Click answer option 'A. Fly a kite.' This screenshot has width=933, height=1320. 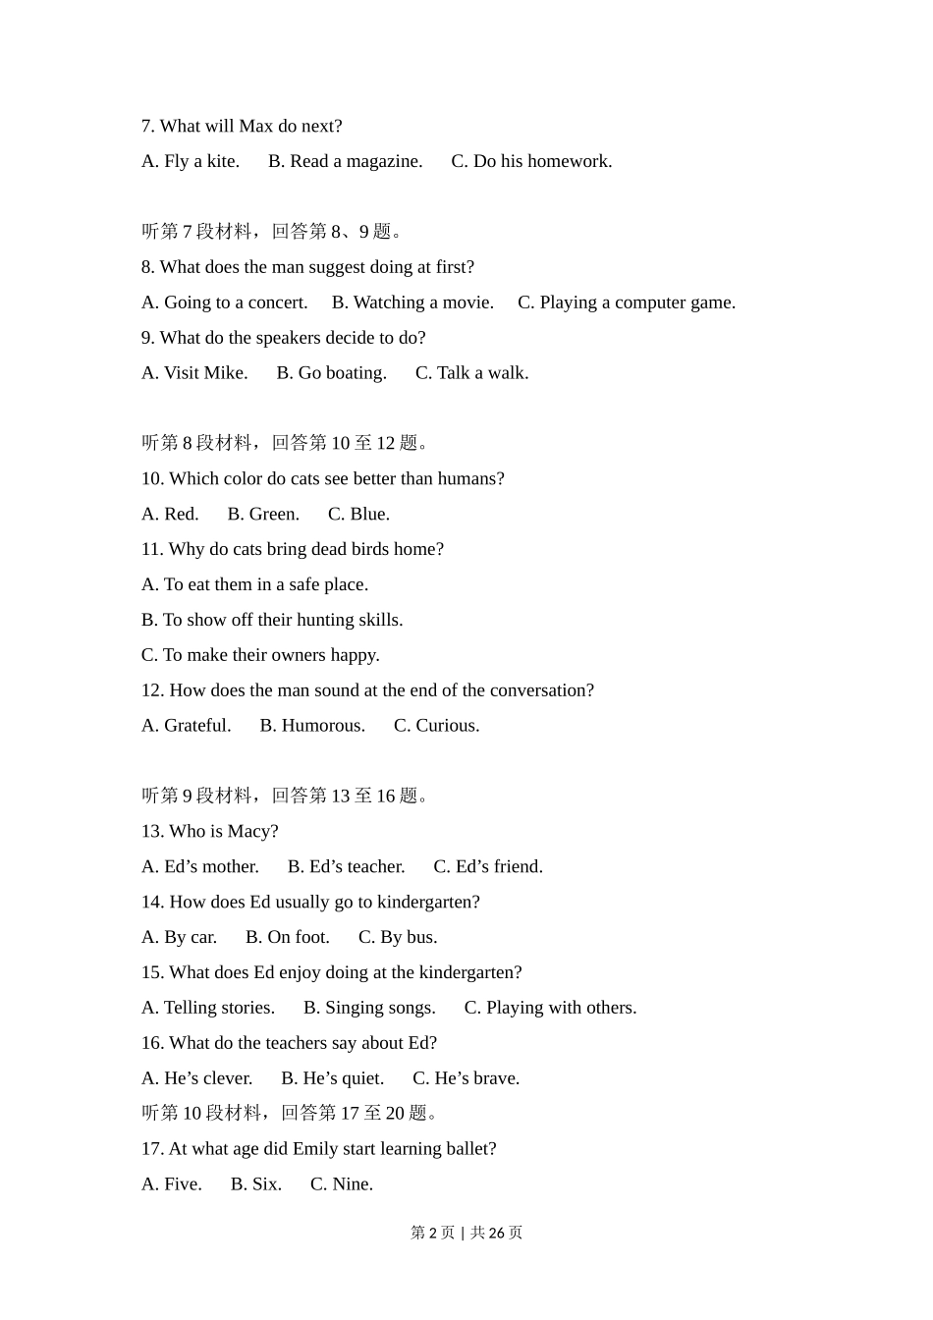click(x=191, y=161)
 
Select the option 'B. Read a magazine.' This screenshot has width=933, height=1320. click(x=345, y=161)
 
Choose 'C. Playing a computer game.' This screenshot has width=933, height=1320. click(x=626, y=302)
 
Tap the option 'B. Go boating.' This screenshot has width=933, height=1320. click(x=331, y=373)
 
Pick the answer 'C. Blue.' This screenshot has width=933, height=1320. click(x=358, y=514)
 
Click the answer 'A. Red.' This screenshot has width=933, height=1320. click(x=170, y=514)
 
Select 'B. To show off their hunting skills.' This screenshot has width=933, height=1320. click(x=272, y=620)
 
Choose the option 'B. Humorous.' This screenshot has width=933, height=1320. click(x=312, y=726)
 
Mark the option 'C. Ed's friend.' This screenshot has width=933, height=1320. click(x=488, y=866)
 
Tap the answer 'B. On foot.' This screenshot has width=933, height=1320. click(x=287, y=937)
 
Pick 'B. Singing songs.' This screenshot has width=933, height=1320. click(x=369, y=1008)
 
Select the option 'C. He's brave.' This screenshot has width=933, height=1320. click(x=466, y=1078)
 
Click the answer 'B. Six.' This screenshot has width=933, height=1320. click(x=255, y=1184)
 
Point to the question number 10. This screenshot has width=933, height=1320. click(x=152, y=478)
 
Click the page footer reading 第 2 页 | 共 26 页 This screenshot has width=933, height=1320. click(x=466, y=1233)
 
